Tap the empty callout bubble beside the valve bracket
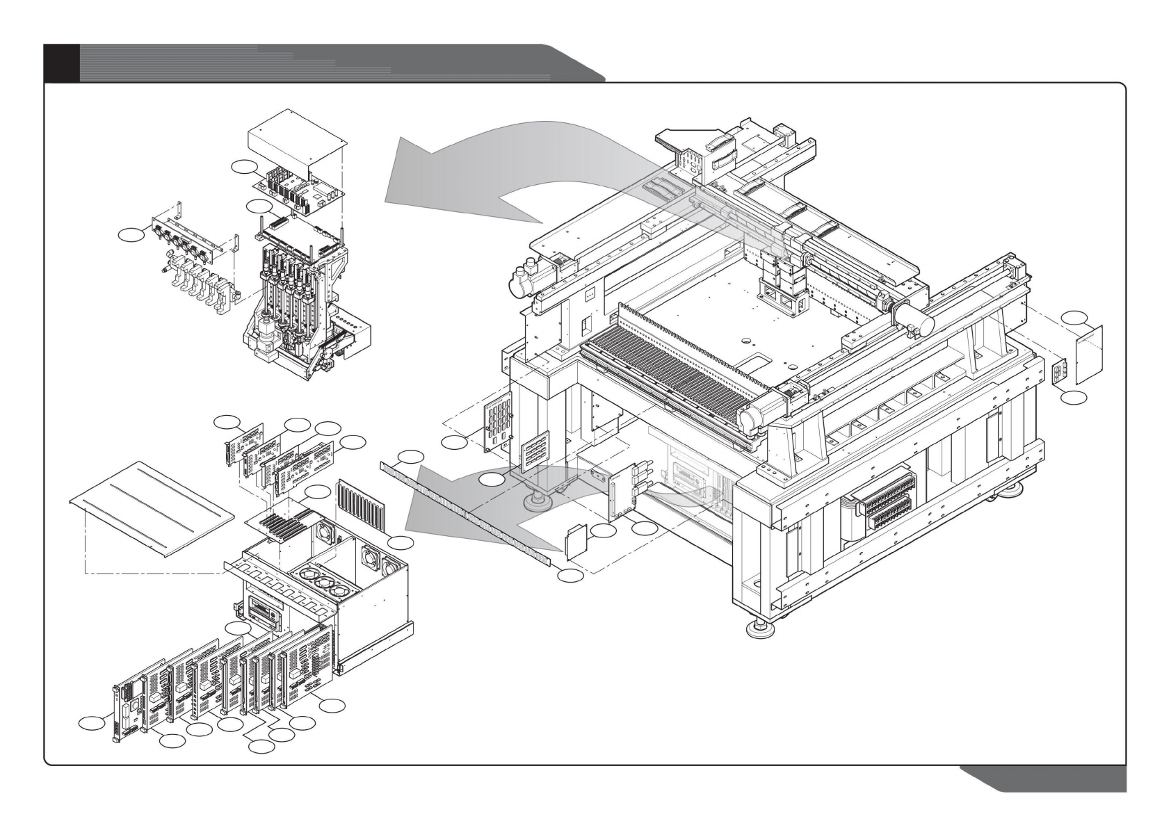130,235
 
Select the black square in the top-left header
61,63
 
